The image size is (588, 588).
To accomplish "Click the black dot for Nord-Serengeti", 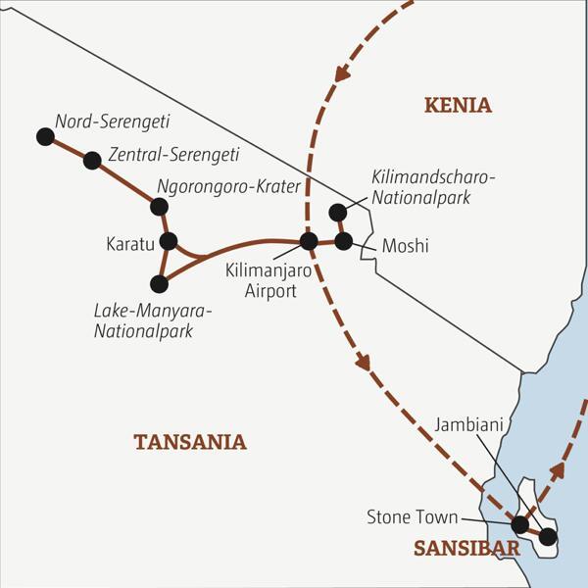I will [44, 137].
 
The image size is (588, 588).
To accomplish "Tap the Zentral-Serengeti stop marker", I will [93, 160].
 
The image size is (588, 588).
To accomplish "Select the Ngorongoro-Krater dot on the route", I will [159, 206].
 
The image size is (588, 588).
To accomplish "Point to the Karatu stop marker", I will [168, 241].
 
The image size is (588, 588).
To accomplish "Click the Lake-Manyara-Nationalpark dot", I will [159, 284].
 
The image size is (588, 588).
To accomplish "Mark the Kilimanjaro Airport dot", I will [309, 240].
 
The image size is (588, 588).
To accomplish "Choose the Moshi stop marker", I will [343, 240].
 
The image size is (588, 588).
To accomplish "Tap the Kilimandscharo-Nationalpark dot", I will [337, 212].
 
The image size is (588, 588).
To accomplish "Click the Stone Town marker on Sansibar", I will [520, 524].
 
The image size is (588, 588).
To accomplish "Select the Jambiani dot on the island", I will [548, 536].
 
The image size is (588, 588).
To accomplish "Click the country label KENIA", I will [457, 106].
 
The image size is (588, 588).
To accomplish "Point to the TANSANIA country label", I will [190, 442].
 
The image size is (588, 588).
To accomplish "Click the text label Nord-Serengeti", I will [113, 122].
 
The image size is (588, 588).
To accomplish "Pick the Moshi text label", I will [405, 246].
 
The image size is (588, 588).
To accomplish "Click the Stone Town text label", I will [409, 515].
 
